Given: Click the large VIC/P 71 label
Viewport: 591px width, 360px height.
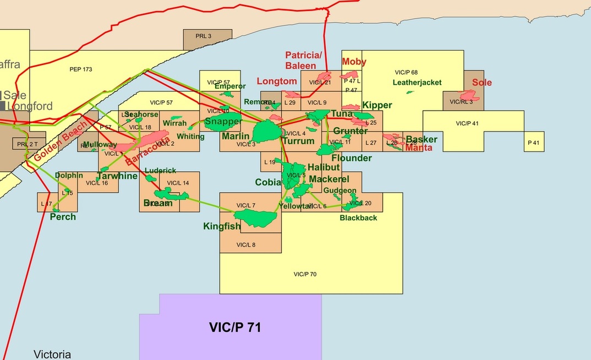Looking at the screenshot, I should (235, 328).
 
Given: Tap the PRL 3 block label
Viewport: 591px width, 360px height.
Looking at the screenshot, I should (203, 36).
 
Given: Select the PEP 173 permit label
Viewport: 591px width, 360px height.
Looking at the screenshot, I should (81, 69).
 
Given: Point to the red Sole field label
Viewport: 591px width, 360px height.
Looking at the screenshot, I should (481, 83).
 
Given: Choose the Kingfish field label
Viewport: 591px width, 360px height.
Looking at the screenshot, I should (222, 226).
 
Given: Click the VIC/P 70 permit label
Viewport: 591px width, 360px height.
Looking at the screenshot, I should (305, 274).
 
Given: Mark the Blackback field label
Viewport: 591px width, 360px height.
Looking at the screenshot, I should (358, 217).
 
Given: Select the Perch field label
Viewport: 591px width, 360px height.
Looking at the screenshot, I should (63, 217).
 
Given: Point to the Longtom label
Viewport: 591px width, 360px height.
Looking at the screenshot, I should (277, 81).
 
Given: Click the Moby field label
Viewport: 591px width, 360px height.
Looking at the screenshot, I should (354, 62).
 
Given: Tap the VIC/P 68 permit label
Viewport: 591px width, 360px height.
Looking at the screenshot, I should (407, 72).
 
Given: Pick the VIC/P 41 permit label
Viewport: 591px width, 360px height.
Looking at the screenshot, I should (467, 123).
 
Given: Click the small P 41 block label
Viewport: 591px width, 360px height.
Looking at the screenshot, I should (534, 142).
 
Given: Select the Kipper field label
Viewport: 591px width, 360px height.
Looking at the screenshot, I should (377, 105).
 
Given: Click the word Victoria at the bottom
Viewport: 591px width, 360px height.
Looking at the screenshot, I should (52, 354).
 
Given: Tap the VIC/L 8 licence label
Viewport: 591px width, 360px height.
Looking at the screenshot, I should (246, 244).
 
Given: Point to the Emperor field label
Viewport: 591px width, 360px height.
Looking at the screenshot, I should (230, 86).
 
